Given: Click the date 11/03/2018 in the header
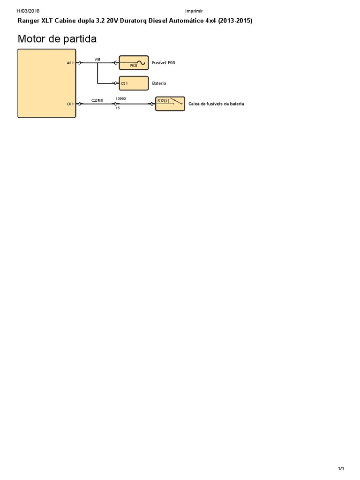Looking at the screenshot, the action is coord(28,11).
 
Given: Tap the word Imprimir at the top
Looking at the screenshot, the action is coord(194,11).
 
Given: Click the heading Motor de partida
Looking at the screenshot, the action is coord(57,39).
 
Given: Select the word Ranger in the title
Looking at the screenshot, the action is coord(29,21).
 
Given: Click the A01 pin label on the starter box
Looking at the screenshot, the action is coord(70,62).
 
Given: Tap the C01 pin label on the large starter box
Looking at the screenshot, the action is coord(70,104).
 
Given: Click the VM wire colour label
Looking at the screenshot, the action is coord(97,60).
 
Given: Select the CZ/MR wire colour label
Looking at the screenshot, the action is coord(97,101).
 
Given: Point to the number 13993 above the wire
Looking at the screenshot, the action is coord(121,99).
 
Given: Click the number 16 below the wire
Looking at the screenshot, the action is coord(118,108).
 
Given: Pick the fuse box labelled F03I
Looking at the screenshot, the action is coord(134,62).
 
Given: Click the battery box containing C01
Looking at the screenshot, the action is coord(134,83).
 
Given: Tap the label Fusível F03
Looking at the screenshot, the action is coord(164,62).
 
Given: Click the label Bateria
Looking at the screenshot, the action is coord(159,83).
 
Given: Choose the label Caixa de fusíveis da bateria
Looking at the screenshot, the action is coord(216,104).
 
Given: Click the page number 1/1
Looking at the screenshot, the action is coord(341,469).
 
